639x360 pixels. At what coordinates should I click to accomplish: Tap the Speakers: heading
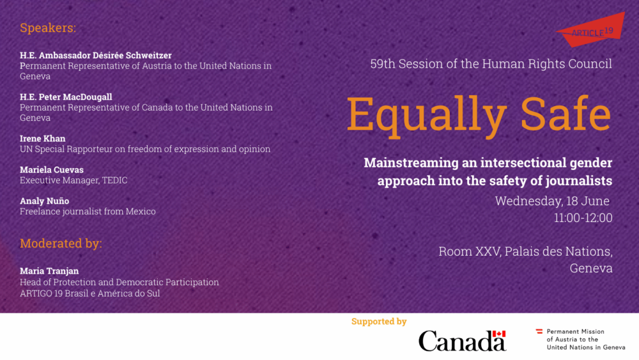click(48, 27)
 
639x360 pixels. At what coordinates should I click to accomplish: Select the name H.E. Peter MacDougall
click(66, 97)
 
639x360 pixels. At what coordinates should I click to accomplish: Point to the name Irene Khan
click(42, 138)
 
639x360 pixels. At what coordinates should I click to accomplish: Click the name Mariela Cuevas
click(52, 169)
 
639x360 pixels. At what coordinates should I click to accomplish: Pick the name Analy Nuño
click(45, 201)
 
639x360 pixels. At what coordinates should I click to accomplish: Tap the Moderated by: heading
click(61, 244)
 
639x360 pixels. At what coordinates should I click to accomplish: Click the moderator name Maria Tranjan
click(49, 270)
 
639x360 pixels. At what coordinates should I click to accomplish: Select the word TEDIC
click(114, 180)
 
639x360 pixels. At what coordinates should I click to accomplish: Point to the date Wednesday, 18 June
click(552, 201)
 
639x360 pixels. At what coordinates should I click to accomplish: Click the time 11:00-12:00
click(583, 217)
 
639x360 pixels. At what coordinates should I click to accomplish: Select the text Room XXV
click(470, 251)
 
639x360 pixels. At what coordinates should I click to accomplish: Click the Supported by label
click(379, 322)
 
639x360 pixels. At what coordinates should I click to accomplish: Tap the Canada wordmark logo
click(463, 341)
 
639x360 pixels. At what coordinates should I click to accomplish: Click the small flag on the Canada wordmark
click(499, 334)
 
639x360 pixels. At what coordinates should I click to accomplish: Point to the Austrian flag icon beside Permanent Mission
click(539, 331)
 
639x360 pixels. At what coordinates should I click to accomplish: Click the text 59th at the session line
click(383, 63)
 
